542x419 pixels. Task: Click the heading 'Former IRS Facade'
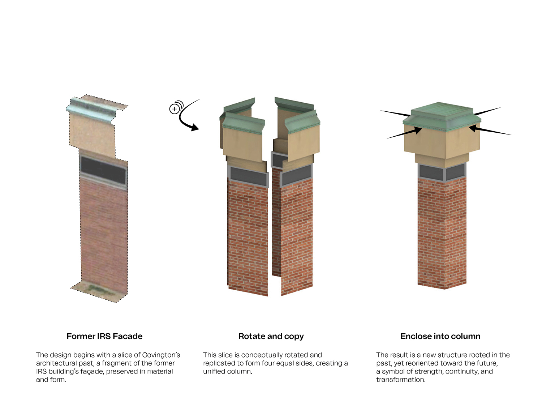(x=104, y=336)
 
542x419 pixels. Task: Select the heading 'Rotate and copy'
(x=271, y=337)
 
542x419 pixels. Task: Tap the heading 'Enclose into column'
(x=440, y=336)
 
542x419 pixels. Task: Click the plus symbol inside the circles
(x=175, y=109)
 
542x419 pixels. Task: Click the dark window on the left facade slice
(x=103, y=170)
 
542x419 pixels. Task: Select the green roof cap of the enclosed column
(x=442, y=116)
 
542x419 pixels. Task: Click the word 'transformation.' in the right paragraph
(x=401, y=380)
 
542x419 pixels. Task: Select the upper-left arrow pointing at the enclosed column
(x=395, y=113)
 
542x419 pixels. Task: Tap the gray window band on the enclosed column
(x=442, y=172)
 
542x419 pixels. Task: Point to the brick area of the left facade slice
(x=104, y=235)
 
